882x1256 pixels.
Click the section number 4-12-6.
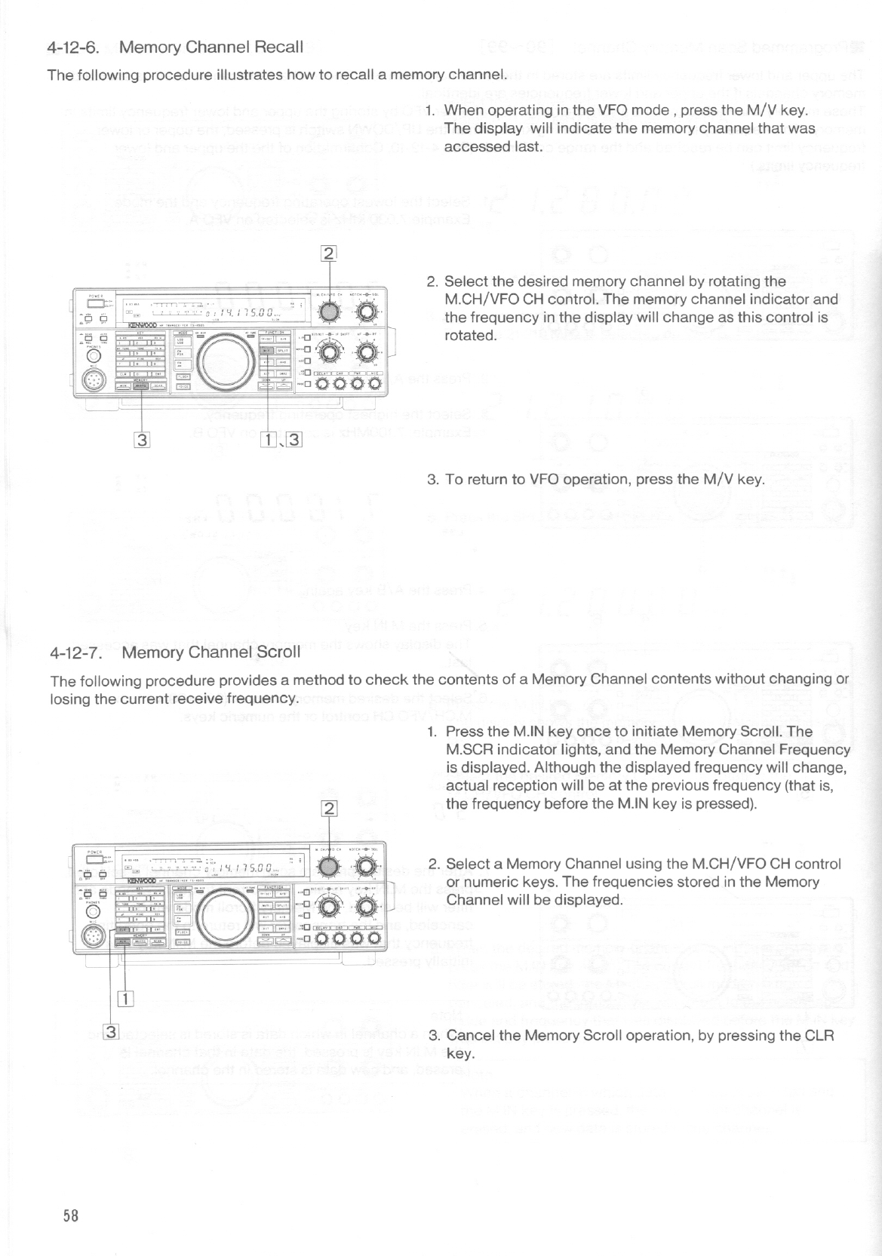(x=74, y=48)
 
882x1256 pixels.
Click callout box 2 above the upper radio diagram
(x=329, y=253)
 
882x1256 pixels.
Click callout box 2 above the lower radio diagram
(x=329, y=810)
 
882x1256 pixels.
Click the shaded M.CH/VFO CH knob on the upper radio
(x=329, y=311)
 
